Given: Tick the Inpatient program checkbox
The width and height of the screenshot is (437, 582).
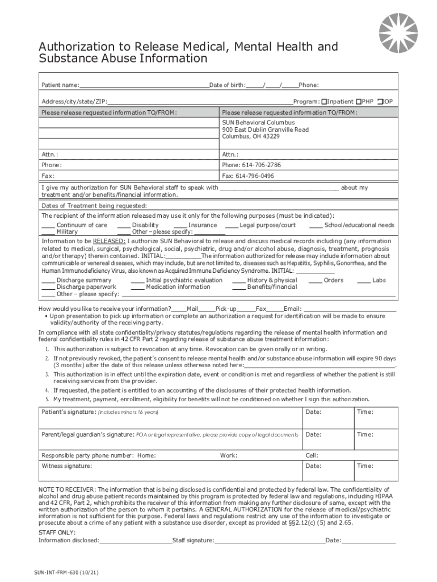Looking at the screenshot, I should coord(323,102).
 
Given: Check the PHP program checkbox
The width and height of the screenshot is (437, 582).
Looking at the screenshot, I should coord(359,102).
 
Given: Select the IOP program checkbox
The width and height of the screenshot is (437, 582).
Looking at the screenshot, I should coord(380,102).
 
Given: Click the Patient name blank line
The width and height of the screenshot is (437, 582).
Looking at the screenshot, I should coord(144,86).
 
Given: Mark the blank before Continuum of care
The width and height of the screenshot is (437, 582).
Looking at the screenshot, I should coord(48,226).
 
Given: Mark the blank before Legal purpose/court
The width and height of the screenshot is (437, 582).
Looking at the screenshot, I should coord(231,226).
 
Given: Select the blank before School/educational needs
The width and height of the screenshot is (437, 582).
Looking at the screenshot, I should coord(316,226).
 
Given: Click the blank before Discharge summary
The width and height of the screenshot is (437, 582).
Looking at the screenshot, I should coord(48,281).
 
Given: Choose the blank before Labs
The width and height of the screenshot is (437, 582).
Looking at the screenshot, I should coord(363,281).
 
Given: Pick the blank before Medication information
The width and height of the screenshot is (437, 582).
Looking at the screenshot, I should coord(137,288).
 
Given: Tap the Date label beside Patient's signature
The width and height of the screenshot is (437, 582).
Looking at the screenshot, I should coord(313,412).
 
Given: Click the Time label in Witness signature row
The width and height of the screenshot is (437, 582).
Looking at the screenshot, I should coord(364,466).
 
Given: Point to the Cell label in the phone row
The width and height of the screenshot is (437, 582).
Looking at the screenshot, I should coord(312,456).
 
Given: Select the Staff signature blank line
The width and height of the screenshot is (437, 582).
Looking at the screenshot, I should coord(270,541).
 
